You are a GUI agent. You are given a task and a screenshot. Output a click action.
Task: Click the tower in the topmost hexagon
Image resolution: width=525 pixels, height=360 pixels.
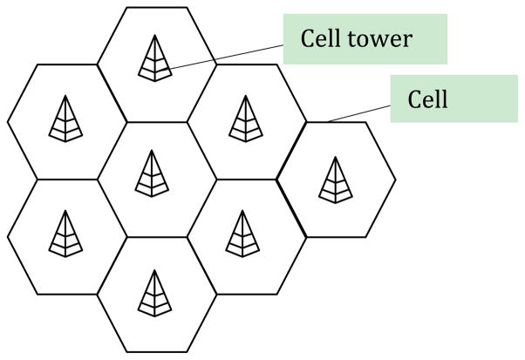coord(155,58)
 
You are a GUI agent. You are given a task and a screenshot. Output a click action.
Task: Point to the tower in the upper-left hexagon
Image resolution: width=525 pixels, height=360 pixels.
coord(65,117)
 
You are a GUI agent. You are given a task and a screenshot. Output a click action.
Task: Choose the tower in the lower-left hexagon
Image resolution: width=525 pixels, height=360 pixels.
coord(65,233)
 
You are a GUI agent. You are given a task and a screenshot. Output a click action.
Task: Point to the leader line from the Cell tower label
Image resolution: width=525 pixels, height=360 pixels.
coord(227,54)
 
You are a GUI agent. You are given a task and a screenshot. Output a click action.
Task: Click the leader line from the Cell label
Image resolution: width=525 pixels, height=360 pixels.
coord(358,113)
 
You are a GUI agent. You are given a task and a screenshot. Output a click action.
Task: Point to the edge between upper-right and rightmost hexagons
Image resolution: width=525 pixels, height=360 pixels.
coord(290,150)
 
